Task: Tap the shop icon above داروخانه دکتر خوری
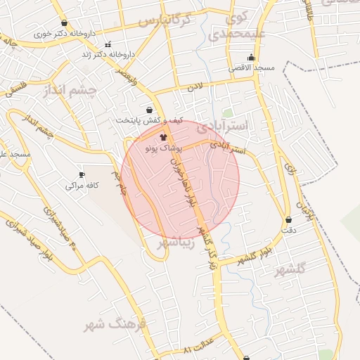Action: pyautogui.click(x=64, y=22)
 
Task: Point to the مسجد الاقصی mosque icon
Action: pyautogui.click(x=251, y=58)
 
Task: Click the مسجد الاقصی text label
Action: pyautogui.click(x=251, y=68)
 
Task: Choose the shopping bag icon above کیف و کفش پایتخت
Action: pyautogui.click(x=149, y=110)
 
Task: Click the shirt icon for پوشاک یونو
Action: pyautogui.click(x=164, y=138)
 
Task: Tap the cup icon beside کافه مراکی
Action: pyautogui.click(x=82, y=174)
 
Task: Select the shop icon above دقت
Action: pyautogui.click(x=288, y=219)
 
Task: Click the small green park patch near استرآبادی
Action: pyautogui.click(x=227, y=112)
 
